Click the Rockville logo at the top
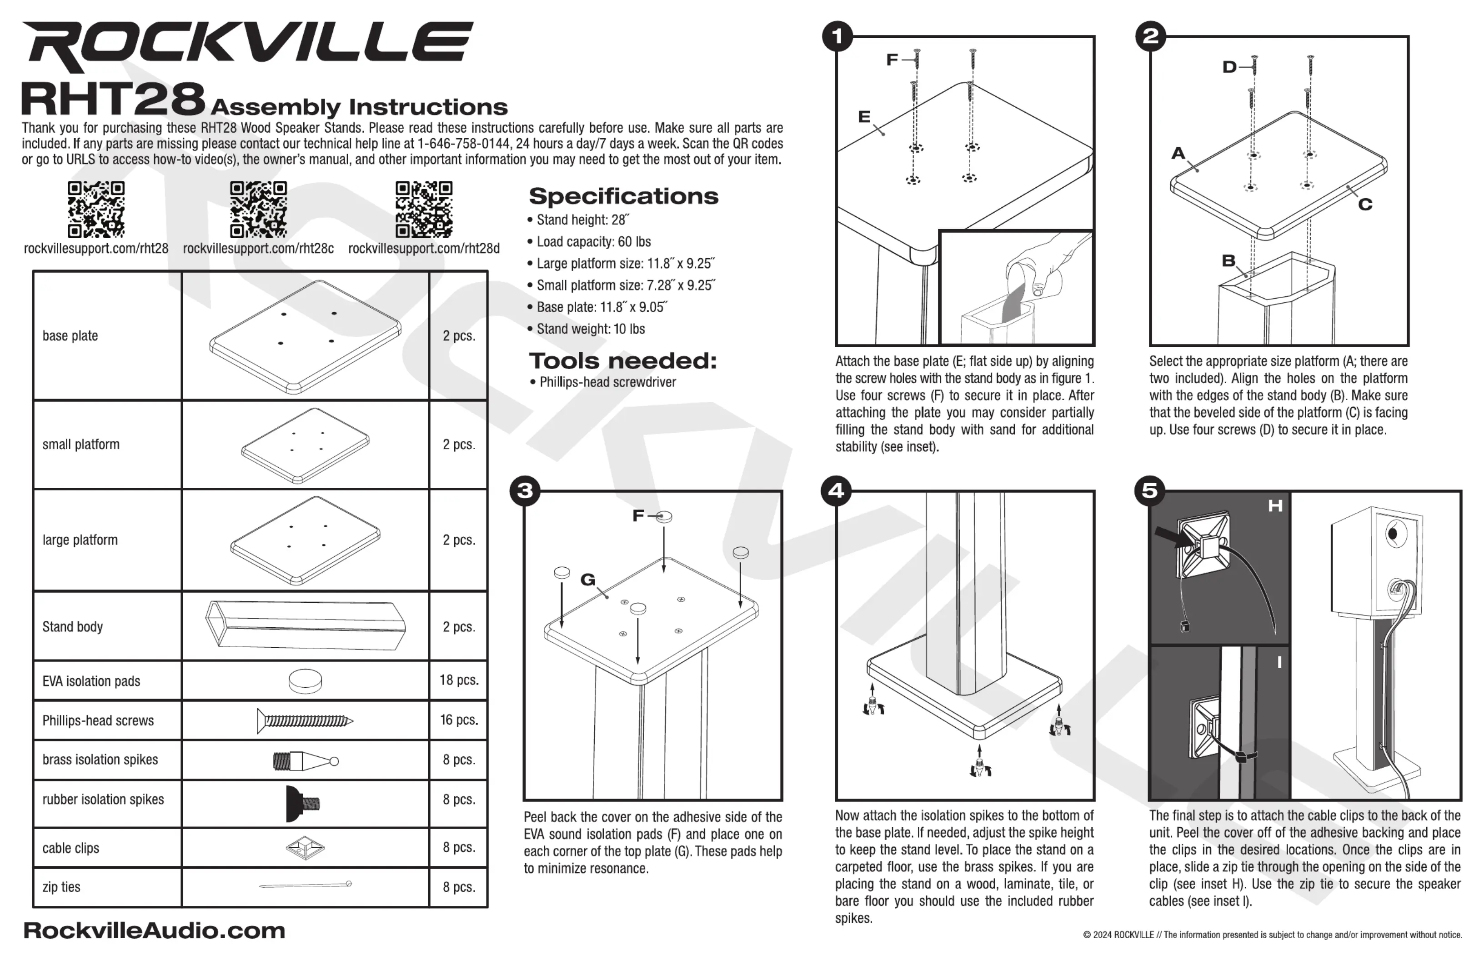(x=247, y=45)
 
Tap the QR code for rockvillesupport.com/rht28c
(x=258, y=210)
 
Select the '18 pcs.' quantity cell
(x=458, y=680)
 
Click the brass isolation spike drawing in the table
(x=305, y=760)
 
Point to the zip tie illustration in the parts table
(x=305, y=885)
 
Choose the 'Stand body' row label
(x=72, y=626)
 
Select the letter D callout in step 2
(x=1229, y=67)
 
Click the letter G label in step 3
(x=587, y=580)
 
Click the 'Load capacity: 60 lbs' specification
(x=594, y=242)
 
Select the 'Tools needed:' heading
(x=622, y=360)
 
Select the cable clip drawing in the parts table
(x=305, y=848)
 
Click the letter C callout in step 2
(x=1365, y=205)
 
